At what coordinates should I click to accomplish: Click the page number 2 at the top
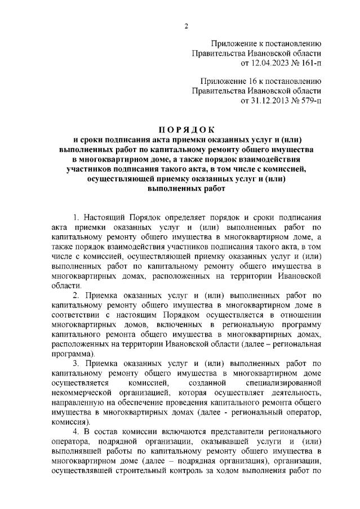click(185, 25)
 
